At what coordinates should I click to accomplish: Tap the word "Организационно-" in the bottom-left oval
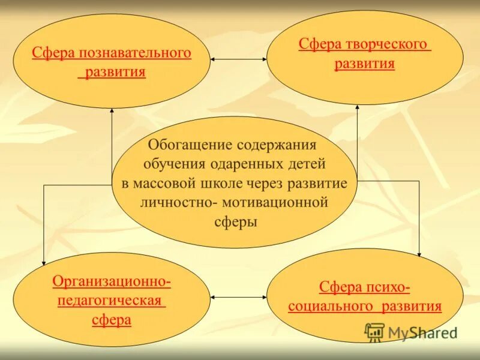pyautogui.click(x=112, y=281)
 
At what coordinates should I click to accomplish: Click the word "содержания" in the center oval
pyautogui.click(x=278, y=145)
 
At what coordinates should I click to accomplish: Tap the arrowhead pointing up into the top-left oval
pyautogui.click(x=112, y=110)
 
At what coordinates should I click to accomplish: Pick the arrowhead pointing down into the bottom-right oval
pyautogui.click(x=419, y=254)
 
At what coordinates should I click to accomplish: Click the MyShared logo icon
pyautogui.click(x=375, y=332)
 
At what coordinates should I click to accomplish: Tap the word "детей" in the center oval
pyautogui.click(x=307, y=164)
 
